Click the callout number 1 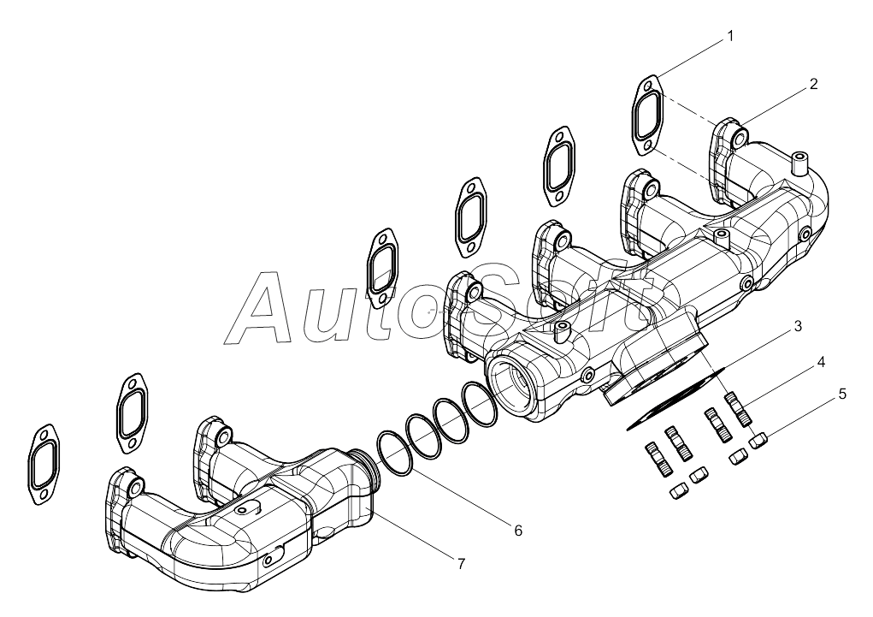click(x=729, y=37)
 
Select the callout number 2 click(x=813, y=84)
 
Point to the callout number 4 click(x=820, y=362)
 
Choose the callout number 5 click(x=842, y=395)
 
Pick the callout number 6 click(x=517, y=531)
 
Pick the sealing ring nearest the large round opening click(x=480, y=404)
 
